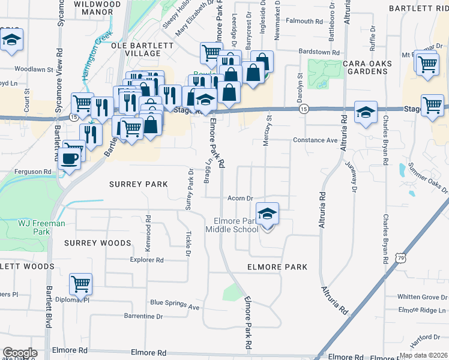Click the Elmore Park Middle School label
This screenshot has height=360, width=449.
point(232,225)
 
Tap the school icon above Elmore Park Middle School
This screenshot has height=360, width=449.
point(268,213)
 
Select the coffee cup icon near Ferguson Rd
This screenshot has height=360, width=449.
point(70,158)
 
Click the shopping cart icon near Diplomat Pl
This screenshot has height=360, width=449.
point(80,284)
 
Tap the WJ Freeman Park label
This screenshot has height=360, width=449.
point(41,227)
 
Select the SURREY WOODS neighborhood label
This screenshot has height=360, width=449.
point(97,243)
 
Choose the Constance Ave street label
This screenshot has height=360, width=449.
point(315,140)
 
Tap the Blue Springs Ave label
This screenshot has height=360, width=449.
point(175,306)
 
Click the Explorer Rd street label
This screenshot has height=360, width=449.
point(147,260)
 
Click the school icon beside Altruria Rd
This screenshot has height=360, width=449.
point(365,112)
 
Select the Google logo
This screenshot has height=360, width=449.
point(20,353)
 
